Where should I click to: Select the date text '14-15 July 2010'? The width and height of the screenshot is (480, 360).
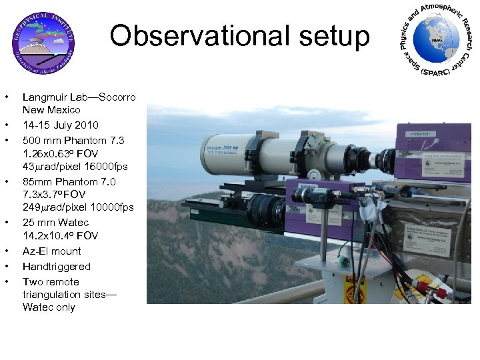pyautogui.click(x=61, y=125)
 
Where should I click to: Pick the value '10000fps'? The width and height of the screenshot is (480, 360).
pyautogui.click(x=111, y=207)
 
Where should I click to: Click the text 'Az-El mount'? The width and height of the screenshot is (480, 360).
pyautogui.click(x=52, y=251)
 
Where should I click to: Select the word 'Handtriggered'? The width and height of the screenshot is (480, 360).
pyautogui.click(x=57, y=267)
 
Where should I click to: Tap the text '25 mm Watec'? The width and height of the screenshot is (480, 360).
pyautogui.click(x=55, y=222)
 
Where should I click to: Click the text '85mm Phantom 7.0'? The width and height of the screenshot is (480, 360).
pyautogui.click(x=69, y=181)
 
